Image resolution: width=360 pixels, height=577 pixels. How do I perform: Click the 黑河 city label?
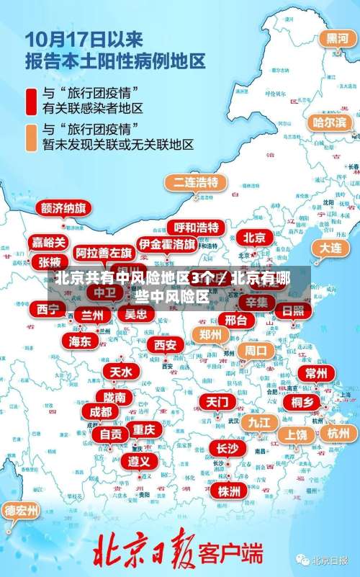(336, 37)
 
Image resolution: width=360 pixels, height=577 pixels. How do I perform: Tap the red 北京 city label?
(253, 237)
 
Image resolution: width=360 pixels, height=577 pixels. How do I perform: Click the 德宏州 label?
(22, 511)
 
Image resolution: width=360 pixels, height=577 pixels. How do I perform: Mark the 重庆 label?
(144, 429)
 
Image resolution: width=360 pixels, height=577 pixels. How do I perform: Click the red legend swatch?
(32, 101)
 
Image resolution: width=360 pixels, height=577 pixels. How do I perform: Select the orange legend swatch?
(32, 137)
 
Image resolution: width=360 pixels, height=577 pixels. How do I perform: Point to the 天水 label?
(121, 372)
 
